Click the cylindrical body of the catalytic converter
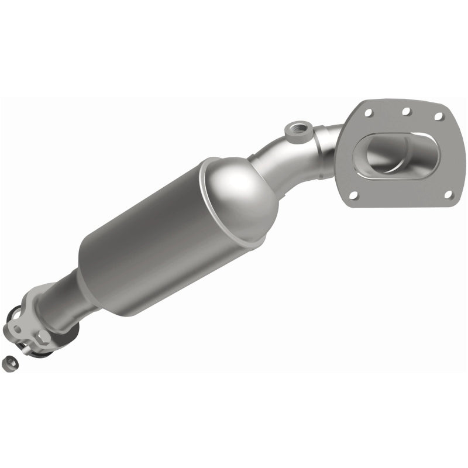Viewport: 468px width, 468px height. pos(152,246)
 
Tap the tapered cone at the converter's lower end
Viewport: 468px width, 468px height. pos(88,287)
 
